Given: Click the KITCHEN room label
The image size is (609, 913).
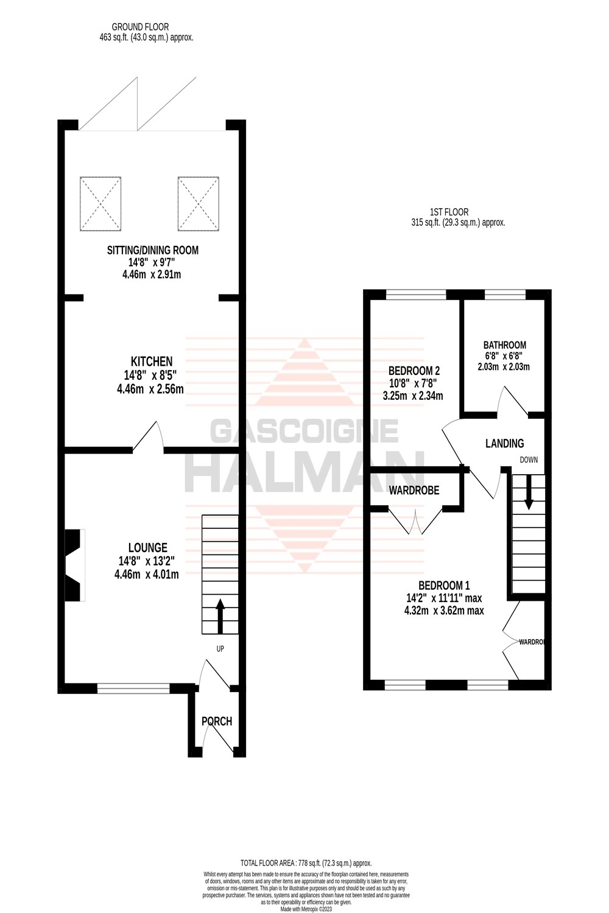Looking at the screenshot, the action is [151, 362].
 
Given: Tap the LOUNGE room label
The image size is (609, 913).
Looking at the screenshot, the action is [147, 548].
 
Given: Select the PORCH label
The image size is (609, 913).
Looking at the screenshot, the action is [217, 721].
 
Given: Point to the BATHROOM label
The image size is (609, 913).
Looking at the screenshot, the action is [504, 345].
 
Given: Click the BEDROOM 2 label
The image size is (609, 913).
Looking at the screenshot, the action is [414, 371].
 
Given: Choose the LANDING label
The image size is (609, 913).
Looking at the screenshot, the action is [504, 444].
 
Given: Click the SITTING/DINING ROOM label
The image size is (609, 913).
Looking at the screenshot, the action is [152, 250].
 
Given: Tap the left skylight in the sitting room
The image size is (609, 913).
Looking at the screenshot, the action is [100, 204].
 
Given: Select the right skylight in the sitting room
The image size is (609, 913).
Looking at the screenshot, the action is [199, 204].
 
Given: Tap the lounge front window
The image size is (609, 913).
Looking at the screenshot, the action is [133, 688].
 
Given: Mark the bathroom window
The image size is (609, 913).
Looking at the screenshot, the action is [505, 295].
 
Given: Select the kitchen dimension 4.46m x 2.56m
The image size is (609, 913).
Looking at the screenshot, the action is [150, 389].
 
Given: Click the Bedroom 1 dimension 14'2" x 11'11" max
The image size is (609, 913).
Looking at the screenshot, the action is [445, 598].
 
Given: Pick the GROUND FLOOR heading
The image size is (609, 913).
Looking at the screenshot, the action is [140, 27].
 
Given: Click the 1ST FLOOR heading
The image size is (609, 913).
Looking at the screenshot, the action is [449, 212].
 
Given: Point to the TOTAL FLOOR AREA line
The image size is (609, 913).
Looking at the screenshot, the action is [306, 863].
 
